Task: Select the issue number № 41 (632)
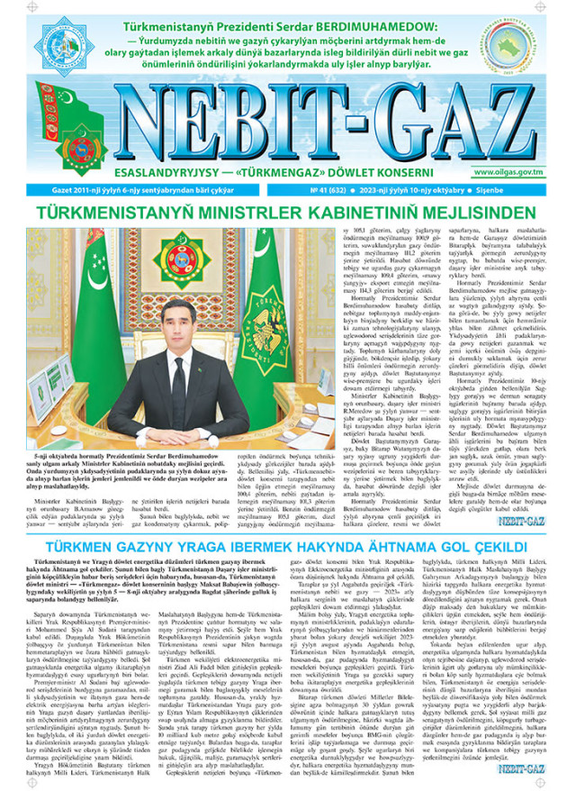(327, 192)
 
